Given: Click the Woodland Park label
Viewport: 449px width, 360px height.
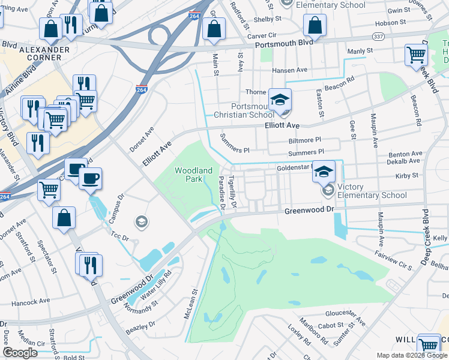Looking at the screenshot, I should pos(193,175).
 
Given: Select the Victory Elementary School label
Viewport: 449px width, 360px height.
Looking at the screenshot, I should pos(372,191).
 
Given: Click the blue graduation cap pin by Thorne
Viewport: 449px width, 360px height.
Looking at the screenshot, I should pos(279,100).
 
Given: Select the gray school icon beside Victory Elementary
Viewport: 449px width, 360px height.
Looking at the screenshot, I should pos(328,191).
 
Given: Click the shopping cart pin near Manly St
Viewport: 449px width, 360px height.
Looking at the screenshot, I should pos(416,55).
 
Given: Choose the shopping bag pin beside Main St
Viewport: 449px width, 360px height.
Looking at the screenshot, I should pos(214,29).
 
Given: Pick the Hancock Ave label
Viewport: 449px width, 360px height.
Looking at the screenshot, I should pos(30,302).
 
